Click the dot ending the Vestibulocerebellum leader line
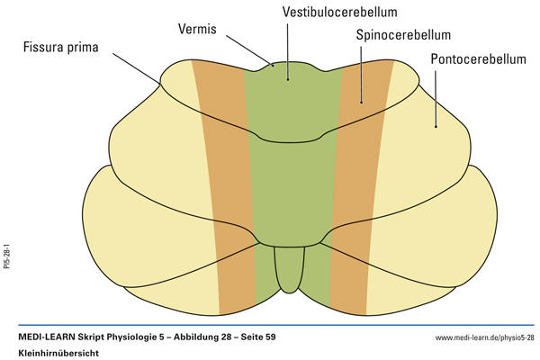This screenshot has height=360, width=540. point(288,79)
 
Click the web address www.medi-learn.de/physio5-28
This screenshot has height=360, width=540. point(484,338)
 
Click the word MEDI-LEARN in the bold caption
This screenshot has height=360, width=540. point(49,337)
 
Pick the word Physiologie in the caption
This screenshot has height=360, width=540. point(132,337)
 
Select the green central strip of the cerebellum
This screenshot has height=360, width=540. point(288,180)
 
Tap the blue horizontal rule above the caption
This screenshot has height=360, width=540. point(270,325)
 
